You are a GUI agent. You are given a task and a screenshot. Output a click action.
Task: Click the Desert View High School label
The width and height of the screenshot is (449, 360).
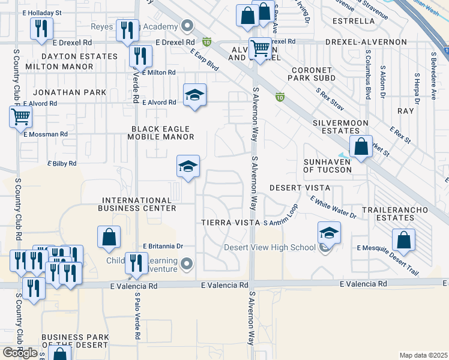(270, 247)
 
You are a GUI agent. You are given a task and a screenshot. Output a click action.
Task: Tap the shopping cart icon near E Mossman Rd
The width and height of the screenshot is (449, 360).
(20, 116)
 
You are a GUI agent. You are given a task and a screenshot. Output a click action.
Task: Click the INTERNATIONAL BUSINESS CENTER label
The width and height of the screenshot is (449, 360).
(139, 204)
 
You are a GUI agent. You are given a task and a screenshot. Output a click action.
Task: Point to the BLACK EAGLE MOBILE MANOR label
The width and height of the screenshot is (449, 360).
(160, 133)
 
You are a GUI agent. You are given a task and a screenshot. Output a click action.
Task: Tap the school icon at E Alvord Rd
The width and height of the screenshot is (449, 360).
(194, 95)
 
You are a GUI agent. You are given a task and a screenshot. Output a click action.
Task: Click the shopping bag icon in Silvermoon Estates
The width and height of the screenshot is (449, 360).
(361, 147)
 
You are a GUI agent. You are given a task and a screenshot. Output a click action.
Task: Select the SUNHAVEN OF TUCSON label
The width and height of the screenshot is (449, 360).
(327, 166)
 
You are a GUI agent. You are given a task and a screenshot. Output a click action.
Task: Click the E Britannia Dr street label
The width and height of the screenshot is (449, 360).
(163, 247)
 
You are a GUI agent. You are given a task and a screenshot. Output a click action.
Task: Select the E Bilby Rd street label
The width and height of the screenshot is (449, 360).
(62, 163)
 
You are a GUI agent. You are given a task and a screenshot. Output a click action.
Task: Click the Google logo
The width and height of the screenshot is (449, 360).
(20, 353)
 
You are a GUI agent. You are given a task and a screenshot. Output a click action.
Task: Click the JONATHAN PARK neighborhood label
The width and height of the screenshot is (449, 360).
(70, 92)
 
